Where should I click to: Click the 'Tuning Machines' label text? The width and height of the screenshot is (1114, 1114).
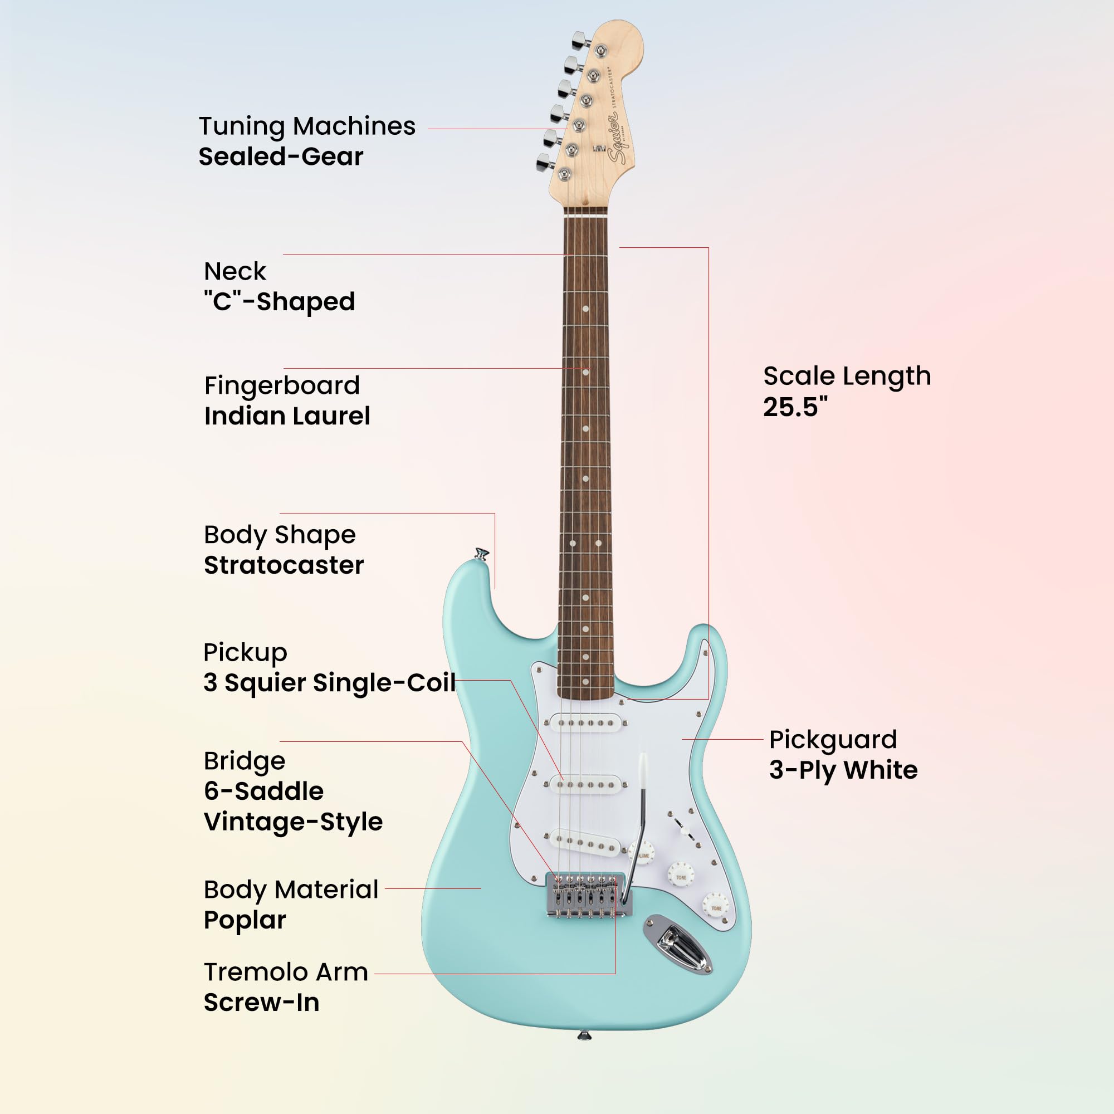pyautogui.click(x=307, y=126)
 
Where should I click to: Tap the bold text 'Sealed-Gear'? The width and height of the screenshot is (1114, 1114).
pyautogui.click(x=281, y=157)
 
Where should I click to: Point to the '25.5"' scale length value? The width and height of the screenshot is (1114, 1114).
pyautogui.click(x=795, y=407)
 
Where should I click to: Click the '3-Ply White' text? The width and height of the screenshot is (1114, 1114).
pyautogui.click(x=843, y=770)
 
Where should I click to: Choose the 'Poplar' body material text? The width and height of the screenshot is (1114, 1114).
pyautogui.click(x=245, y=920)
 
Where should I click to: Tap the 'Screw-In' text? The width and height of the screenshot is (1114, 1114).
pyautogui.click(x=261, y=1003)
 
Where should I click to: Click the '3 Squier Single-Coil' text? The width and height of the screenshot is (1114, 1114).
pyautogui.click(x=329, y=683)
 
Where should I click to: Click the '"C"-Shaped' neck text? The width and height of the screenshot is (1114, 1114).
pyautogui.click(x=279, y=301)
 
